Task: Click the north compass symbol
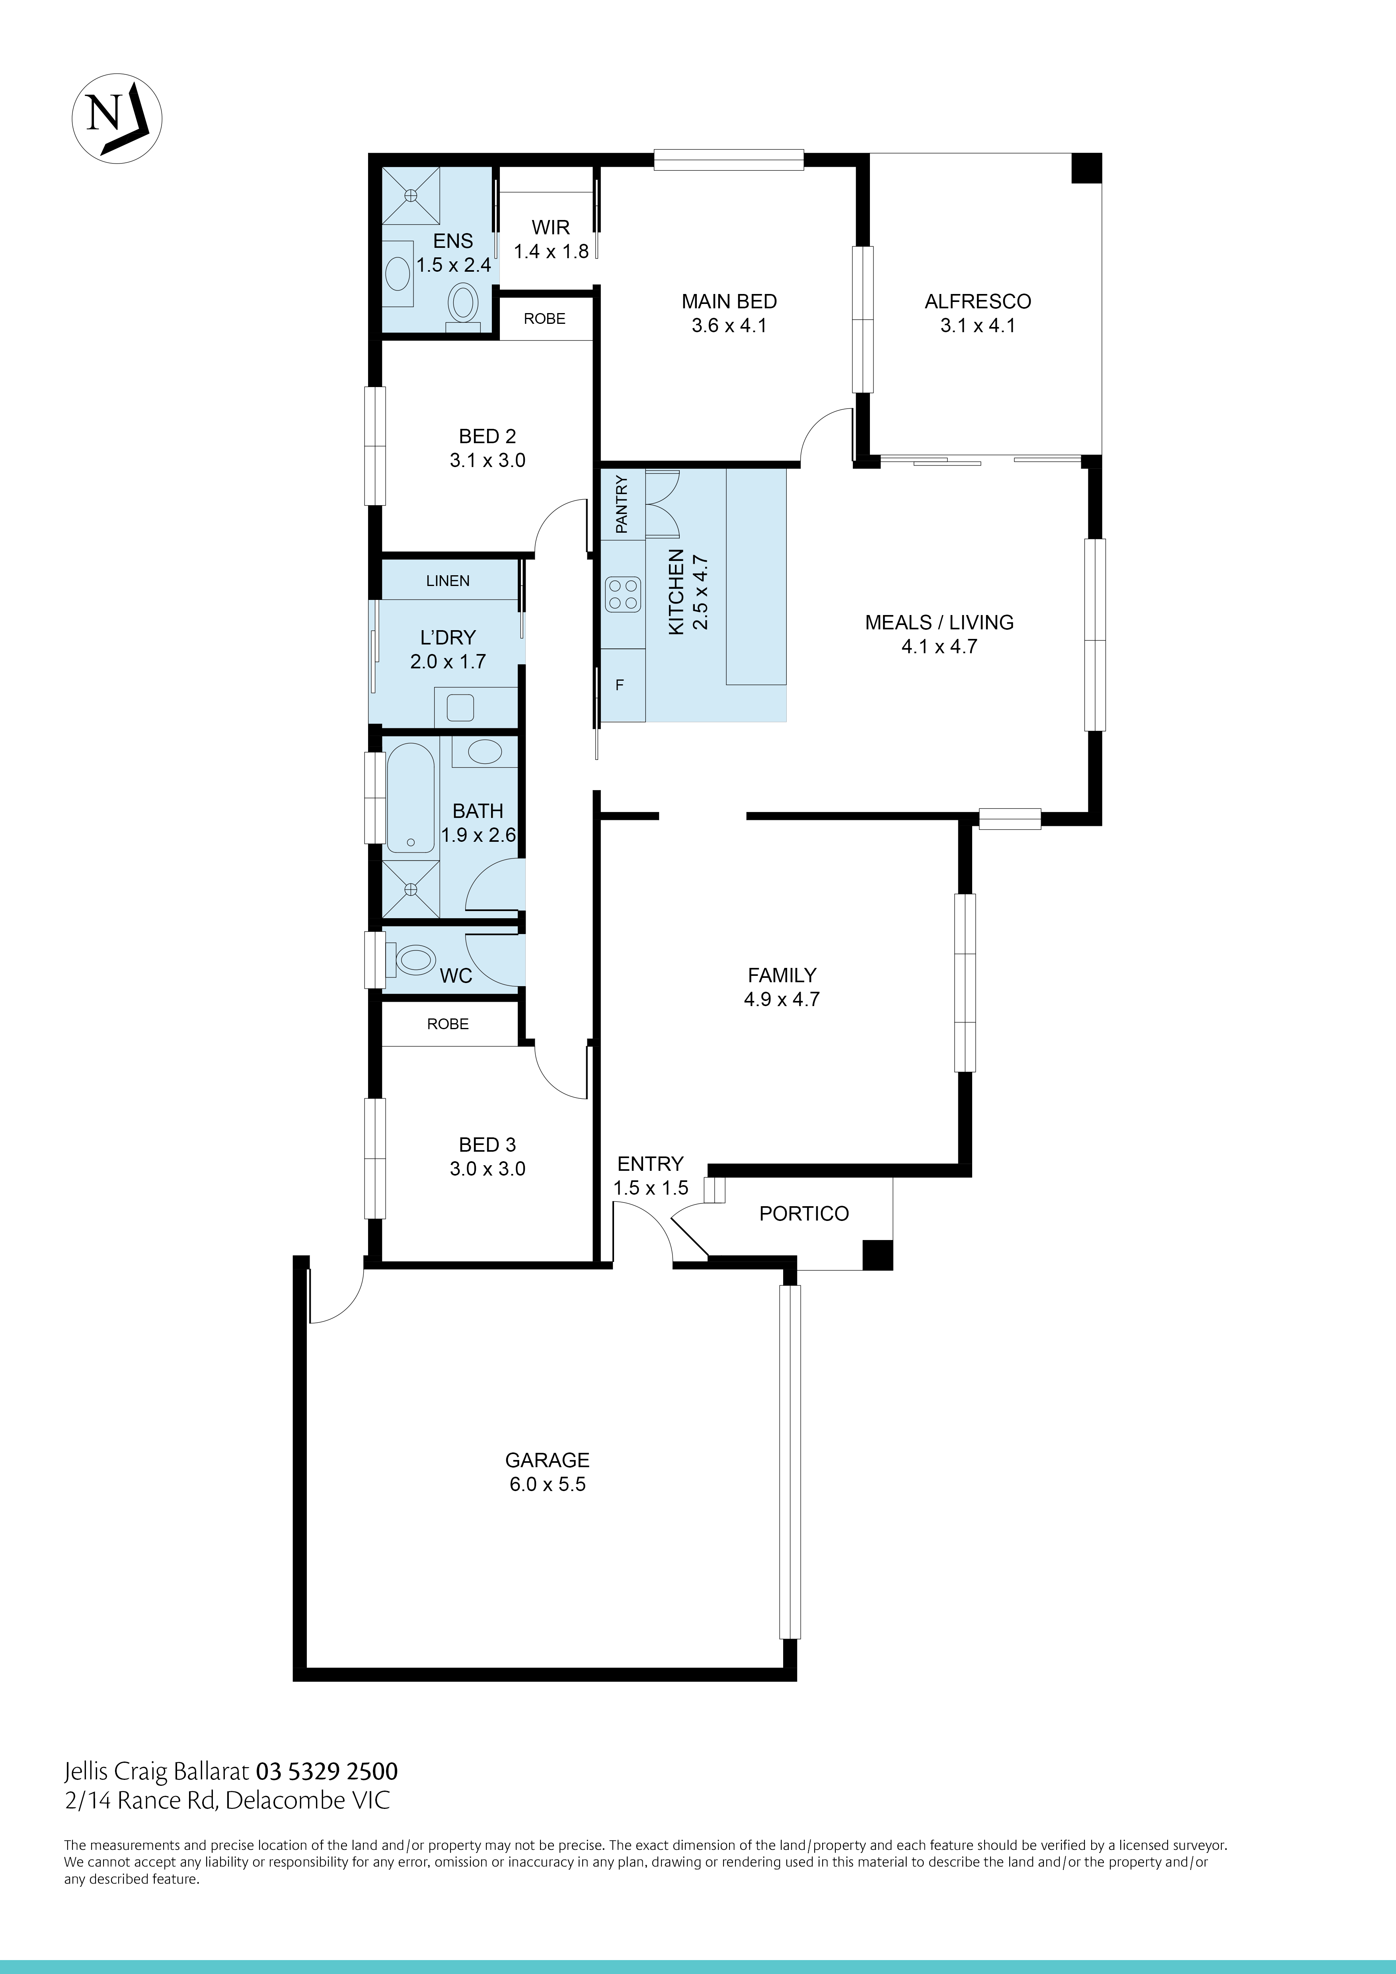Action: click(x=116, y=118)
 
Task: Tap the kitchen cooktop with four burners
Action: click(x=624, y=593)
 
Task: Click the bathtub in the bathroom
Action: click(x=410, y=798)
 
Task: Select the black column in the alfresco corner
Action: click(x=1086, y=167)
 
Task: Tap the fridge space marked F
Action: click(x=619, y=685)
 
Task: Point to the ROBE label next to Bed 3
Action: click(x=448, y=1024)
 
